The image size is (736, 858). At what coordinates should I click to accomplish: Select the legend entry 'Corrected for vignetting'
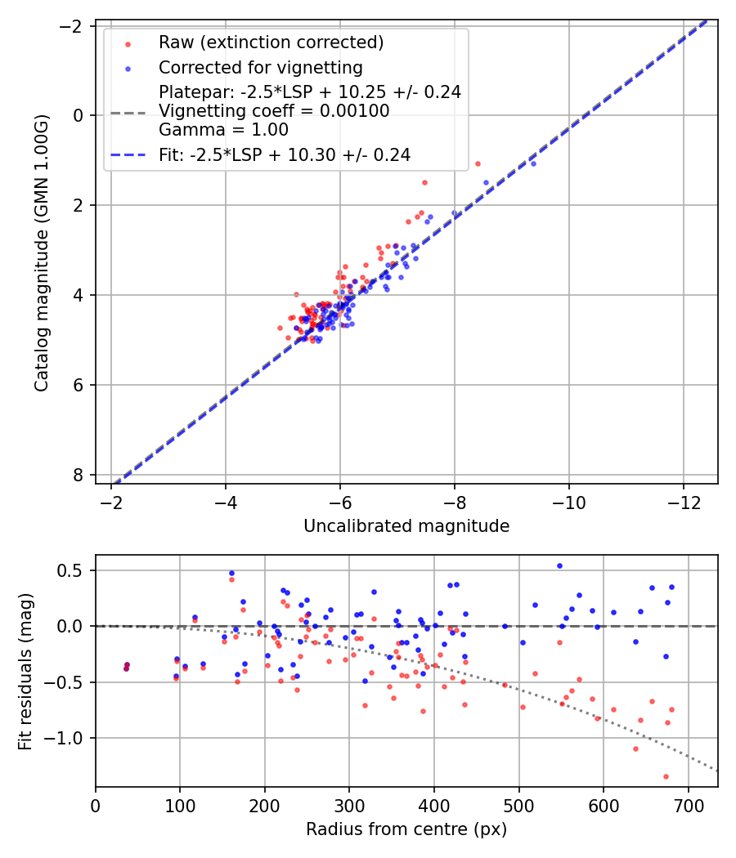coord(260,67)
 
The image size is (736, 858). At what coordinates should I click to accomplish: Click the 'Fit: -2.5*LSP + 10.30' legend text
coord(285,154)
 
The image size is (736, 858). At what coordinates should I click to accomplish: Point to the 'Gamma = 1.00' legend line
coord(223,129)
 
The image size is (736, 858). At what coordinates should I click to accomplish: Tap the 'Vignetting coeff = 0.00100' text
coord(274,111)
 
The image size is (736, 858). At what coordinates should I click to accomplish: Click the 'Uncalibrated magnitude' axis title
coord(406,526)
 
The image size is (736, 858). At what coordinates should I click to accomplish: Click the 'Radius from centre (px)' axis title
coord(406,829)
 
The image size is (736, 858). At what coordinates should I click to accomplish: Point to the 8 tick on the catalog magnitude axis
coord(79,475)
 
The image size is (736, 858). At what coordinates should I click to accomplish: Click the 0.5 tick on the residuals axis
coord(74,570)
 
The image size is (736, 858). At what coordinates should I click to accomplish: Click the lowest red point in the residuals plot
coord(666,776)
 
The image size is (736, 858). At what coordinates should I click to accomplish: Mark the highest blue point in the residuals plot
coord(559,565)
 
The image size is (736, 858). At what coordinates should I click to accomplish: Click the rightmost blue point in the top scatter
coord(533,164)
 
